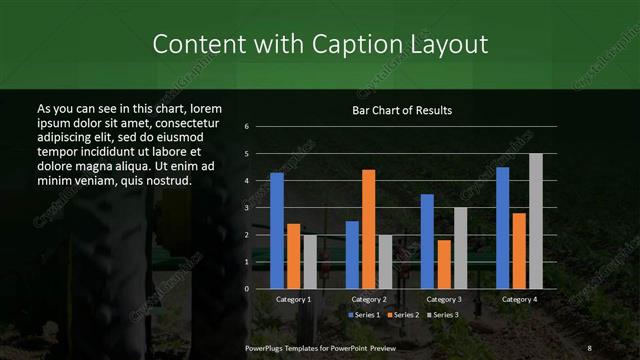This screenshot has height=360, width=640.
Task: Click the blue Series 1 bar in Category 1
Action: click(x=277, y=231)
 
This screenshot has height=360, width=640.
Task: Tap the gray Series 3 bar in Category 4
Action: click(x=535, y=221)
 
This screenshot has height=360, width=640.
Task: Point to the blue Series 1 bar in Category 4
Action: click(x=502, y=228)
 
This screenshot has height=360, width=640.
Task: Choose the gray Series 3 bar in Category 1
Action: click(x=310, y=262)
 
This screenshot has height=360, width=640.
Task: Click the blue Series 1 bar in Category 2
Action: click(x=352, y=255)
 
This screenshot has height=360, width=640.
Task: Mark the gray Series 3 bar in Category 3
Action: click(x=460, y=248)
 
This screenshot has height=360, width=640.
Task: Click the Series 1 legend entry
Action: click(x=364, y=315)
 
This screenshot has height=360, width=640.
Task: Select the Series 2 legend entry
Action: click(x=404, y=315)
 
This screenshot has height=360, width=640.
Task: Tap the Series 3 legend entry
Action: click(x=444, y=315)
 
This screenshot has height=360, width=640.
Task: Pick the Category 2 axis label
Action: click(x=369, y=299)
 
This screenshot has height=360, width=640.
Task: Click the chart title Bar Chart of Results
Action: click(x=402, y=109)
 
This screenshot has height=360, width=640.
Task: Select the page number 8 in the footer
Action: click(x=590, y=347)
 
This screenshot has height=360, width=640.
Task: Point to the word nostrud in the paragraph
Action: click(x=167, y=180)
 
